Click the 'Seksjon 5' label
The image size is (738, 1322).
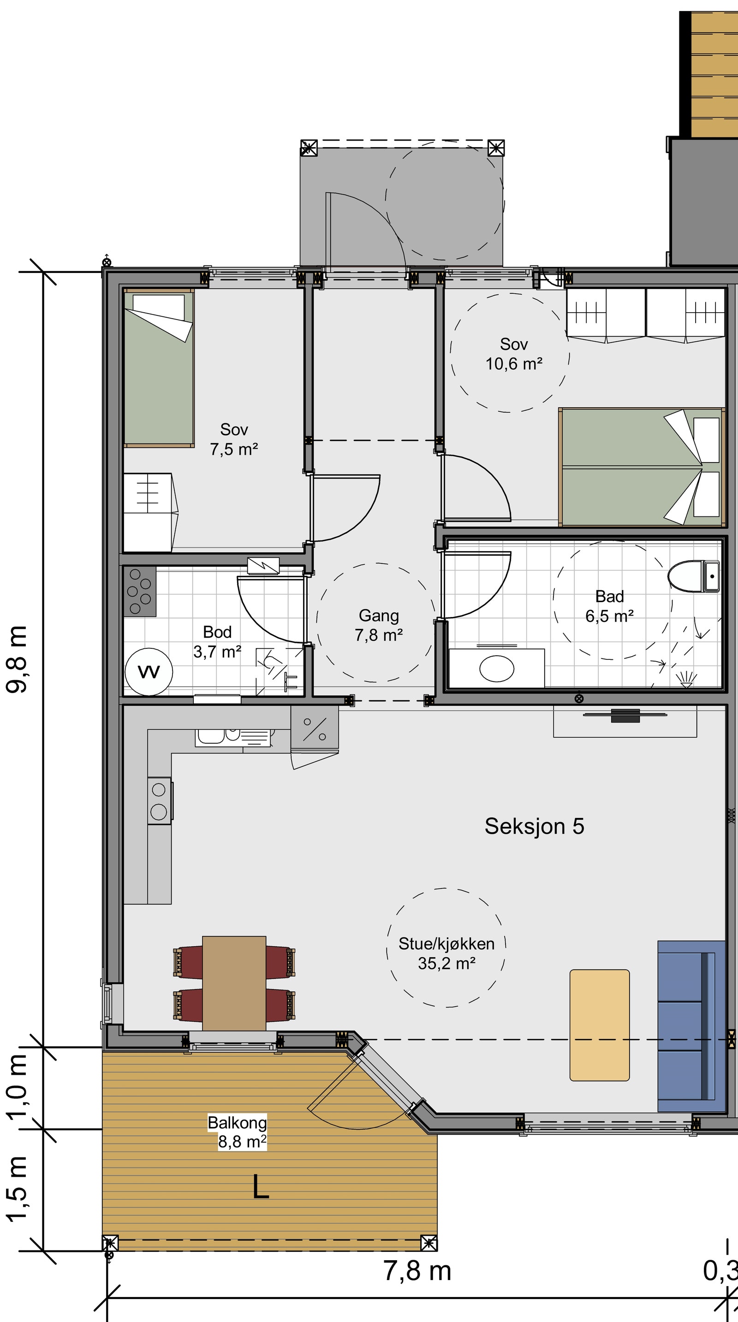(x=534, y=826)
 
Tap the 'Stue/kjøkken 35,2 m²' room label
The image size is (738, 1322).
(x=446, y=954)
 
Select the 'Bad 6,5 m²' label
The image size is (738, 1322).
(x=610, y=606)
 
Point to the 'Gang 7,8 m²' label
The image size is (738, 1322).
(x=379, y=625)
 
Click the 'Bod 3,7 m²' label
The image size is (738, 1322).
(x=217, y=641)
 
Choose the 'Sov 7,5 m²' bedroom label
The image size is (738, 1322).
(x=233, y=439)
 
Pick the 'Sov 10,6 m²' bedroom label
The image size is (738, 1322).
(x=514, y=354)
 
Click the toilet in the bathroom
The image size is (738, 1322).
(x=693, y=576)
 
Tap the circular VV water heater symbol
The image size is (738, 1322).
(x=149, y=671)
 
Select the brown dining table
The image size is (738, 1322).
(x=234, y=984)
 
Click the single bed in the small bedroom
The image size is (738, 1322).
(x=159, y=368)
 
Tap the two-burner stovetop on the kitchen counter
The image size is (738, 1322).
(x=160, y=800)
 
